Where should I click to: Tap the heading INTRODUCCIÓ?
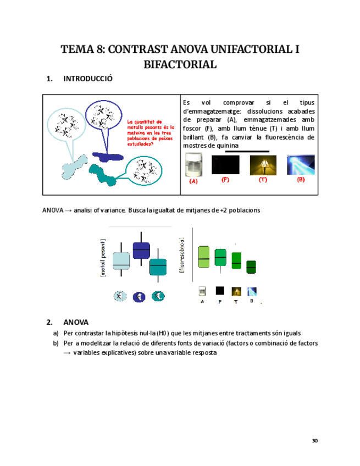pos(88,79)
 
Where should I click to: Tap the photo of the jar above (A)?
pos(192,165)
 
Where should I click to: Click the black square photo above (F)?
pos(225,164)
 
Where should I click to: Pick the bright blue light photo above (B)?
pos(301,165)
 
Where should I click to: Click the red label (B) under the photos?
pos(301,180)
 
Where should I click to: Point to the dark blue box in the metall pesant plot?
pos(141,250)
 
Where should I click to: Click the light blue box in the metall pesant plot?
pos(121,260)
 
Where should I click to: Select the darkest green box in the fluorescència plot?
pos(251,267)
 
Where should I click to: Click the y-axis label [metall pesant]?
pos(103,258)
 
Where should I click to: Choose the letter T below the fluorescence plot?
pos(235,302)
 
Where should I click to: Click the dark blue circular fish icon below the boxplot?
pos(139,297)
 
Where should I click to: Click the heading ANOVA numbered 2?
pos(76,323)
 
